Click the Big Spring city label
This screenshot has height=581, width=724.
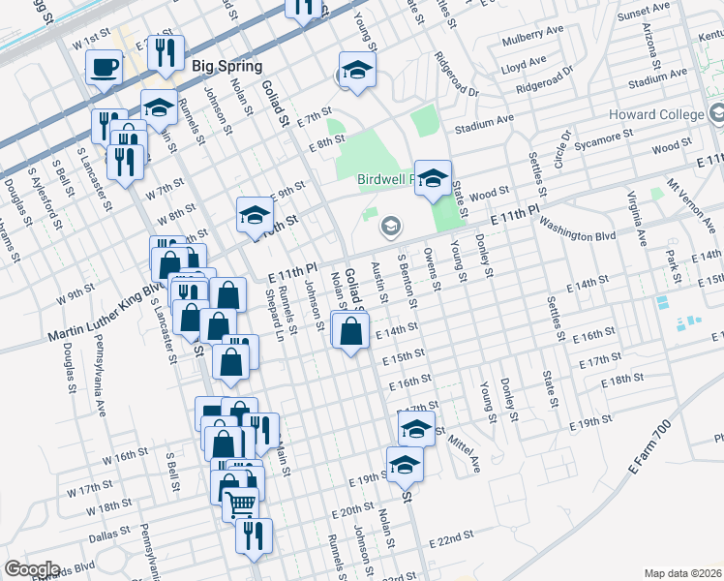227,66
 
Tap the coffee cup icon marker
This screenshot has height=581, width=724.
104,68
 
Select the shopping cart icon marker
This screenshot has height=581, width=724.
240,504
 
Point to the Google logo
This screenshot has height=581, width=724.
32,568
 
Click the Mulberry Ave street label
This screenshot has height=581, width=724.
532,42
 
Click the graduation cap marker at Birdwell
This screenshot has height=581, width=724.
434,178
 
